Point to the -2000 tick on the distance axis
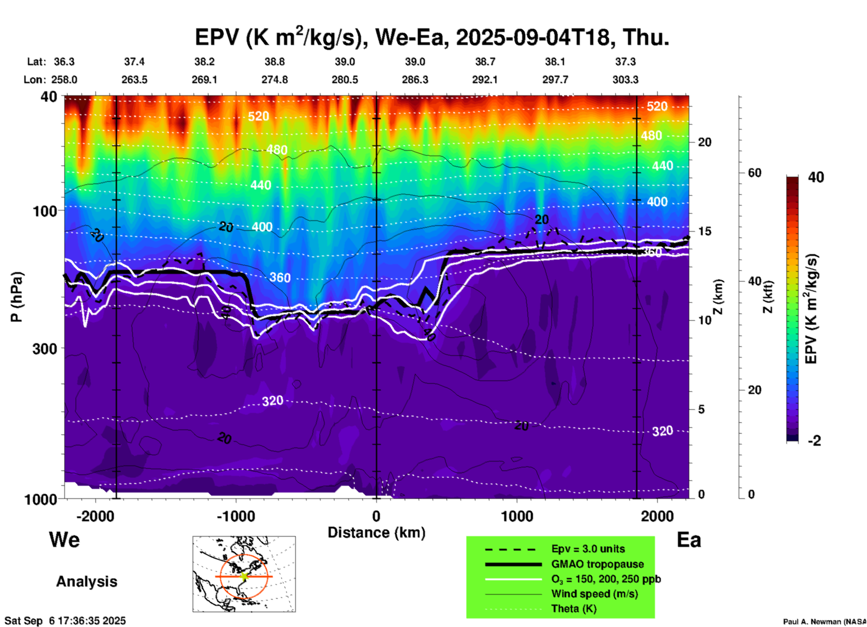(x=95, y=516)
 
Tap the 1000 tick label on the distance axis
(x=517, y=516)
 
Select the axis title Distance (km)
(x=376, y=533)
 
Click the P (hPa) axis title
(x=17, y=297)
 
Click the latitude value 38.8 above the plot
(x=275, y=62)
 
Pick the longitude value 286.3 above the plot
(x=415, y=80)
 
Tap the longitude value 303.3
(x=625, y=80)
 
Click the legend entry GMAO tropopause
(x=597, y=564)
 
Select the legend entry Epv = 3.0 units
(x=588, y=549)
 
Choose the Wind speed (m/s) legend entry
(x=594, y=594)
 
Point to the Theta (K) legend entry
(x=573, y=609)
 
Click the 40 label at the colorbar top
(x=816, y=177)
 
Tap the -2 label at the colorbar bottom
(x=814, y=441)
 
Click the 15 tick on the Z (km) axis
(x=704, y=231)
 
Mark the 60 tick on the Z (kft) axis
(x=754, y=173)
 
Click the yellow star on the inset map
(x=244, y=576)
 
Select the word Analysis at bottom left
(x=86, y=582)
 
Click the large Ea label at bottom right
(x=689, y=540)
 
